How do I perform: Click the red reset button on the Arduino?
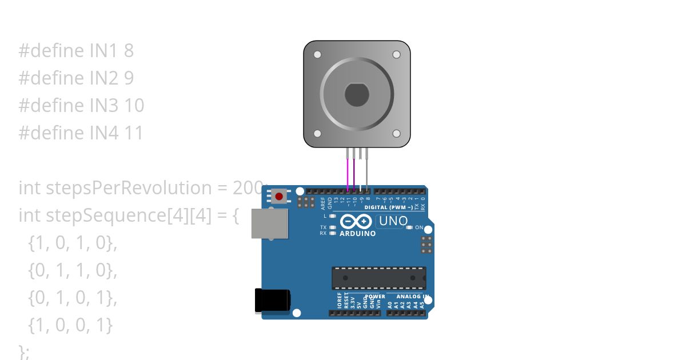[279, 197]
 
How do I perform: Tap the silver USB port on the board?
[269, 223]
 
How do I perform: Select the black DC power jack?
[272, 301]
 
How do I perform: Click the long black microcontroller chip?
[378, 278]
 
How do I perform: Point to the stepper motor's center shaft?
[356, 94]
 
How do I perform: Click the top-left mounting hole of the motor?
[317, 55]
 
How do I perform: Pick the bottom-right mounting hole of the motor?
[396, 133]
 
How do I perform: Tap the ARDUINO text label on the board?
[358, 234]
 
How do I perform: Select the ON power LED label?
[419, 227]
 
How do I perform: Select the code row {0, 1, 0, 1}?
[72, 298]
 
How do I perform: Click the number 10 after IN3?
[134, 106]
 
